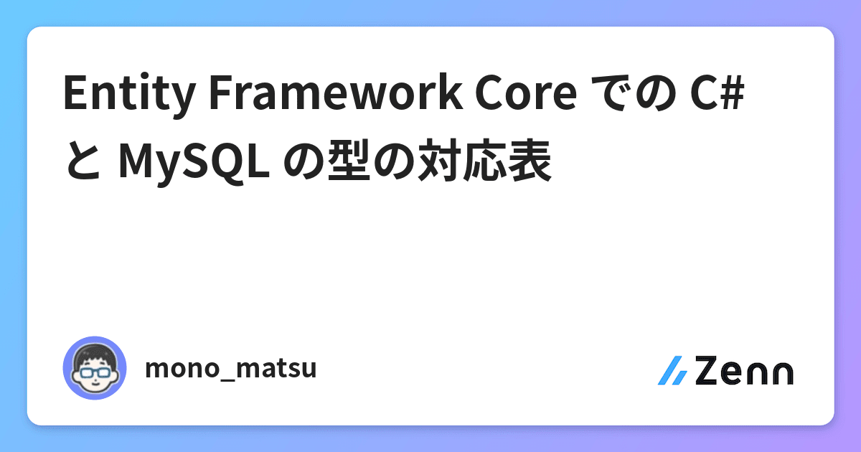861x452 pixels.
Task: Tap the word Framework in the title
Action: tap(336, 93)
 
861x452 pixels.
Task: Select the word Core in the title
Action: tap(526, 93)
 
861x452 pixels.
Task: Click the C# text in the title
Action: tap(717, 93)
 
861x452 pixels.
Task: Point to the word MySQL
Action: tap(194, 161)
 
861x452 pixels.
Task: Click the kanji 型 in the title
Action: tap(349, 159)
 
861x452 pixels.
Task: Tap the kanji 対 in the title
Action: tap(439, 159)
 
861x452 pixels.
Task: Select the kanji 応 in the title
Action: tap(485, 159)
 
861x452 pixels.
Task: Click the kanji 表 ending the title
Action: tap(530, 159)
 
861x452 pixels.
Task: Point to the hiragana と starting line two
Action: tap(84, 161)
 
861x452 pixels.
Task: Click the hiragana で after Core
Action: tap(609, 93)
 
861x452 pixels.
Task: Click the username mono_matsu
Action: tap(230, 368)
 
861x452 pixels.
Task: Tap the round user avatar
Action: tap(95, 368)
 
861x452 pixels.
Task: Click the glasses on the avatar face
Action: tap(95, 372)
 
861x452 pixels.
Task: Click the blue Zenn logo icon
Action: tap(673, 370)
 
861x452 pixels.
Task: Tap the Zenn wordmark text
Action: tap(744, 370)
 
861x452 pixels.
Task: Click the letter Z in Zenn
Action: tap(707, 370)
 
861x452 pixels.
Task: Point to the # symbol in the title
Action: tap(733, 93)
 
